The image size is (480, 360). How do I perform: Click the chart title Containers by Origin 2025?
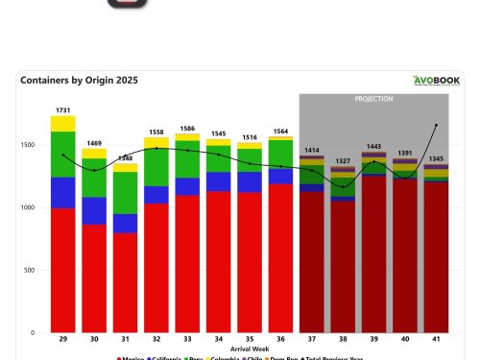(x=79, y=82)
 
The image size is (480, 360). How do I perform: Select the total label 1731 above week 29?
(x=63, y=110)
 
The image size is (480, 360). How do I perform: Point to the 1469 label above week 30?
(x=94, y=142)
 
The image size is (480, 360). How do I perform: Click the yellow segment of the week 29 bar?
(x=63, y=123)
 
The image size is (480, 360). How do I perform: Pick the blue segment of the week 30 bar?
(x=94, y=210)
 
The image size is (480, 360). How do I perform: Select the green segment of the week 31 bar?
(x=125, y=192)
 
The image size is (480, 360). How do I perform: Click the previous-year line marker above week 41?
(x=437, y=126)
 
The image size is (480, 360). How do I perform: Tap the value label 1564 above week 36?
(x=281, y=131)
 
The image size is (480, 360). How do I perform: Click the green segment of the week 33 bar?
(x=188, y=159)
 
